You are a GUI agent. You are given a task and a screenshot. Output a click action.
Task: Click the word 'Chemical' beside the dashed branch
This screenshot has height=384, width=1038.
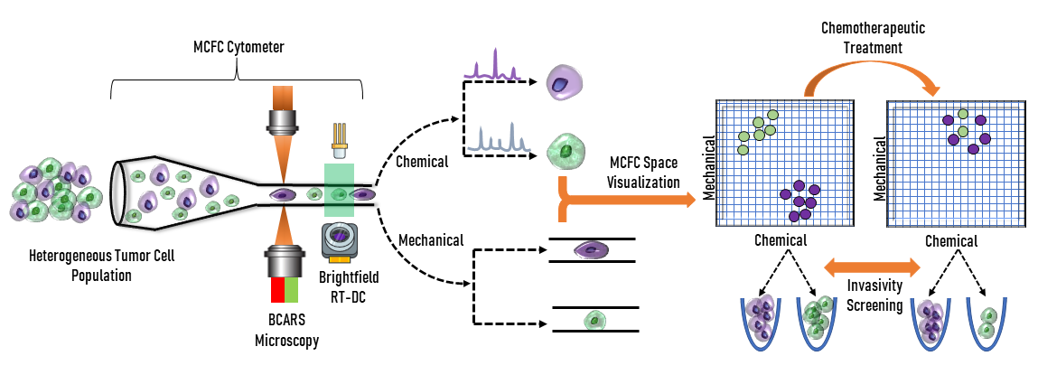point(422,162)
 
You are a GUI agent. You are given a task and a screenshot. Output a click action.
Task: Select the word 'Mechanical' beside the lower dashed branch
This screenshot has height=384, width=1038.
point(430,240)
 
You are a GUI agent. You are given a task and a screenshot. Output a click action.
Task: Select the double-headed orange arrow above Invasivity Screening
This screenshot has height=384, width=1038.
point(874,267)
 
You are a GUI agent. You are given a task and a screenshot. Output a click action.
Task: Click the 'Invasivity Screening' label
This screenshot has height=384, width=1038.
point(874,295)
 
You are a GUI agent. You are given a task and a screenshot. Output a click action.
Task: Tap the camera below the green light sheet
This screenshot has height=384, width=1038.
point(342,241)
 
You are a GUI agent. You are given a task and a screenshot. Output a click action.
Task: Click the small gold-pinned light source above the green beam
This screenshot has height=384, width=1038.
point(340,135)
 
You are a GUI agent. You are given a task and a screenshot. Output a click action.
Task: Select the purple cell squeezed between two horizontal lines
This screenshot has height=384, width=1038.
point(592,249)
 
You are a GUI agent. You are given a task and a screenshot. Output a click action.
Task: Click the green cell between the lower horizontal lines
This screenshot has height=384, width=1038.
point(594,319)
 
